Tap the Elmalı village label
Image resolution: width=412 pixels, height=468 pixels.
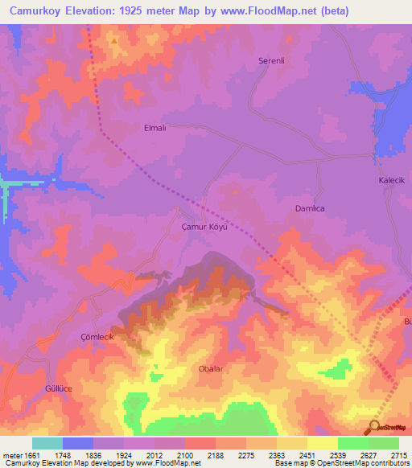pos(154,128)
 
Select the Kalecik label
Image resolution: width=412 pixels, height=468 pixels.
pos(392,181)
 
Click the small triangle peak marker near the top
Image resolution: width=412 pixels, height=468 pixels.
pos(115,39)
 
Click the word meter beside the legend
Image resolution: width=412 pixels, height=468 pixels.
pos(11,455)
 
